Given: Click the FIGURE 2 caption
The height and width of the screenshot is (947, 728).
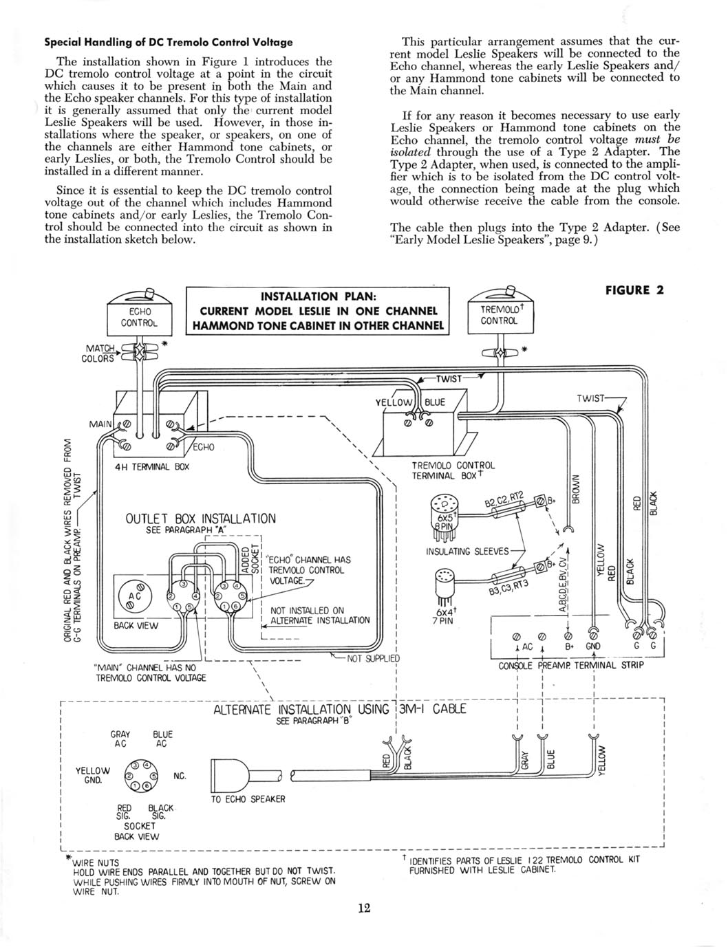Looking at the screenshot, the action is coord(634,290).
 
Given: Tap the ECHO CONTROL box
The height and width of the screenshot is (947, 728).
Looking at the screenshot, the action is coord(140,318).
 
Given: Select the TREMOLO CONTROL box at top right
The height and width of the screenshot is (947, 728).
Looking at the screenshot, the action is coord(500,316).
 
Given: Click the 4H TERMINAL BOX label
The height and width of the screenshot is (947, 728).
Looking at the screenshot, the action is coord(153,466).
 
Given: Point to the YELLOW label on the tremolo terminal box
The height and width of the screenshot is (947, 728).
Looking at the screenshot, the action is coord(393,402).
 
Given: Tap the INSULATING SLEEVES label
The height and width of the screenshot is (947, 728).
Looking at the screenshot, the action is coord(467,552).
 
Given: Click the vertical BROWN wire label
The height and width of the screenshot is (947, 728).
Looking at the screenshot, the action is coord(575,489).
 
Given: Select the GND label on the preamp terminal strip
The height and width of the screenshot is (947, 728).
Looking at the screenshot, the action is coord(593,646).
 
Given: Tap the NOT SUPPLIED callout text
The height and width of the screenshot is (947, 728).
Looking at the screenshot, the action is coord(373,658).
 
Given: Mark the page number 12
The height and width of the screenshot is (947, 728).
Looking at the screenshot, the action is coord(364,908).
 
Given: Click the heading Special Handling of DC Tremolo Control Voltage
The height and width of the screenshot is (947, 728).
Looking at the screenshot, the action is coord(169,43).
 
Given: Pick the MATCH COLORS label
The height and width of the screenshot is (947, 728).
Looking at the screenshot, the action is coord(98,353).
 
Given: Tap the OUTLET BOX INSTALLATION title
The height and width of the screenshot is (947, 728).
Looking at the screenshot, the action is coord(200,519).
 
